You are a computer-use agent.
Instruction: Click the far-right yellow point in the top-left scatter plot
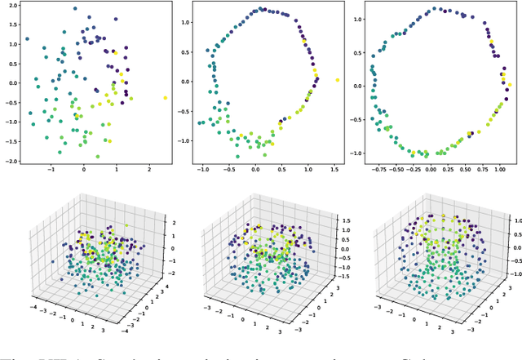[x=165, y=97]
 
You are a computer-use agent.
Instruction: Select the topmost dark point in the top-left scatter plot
[x=75, y=9]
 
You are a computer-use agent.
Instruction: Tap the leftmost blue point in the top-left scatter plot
[x=27, y=38]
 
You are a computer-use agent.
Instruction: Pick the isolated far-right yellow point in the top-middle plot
[x=337, y=80]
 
